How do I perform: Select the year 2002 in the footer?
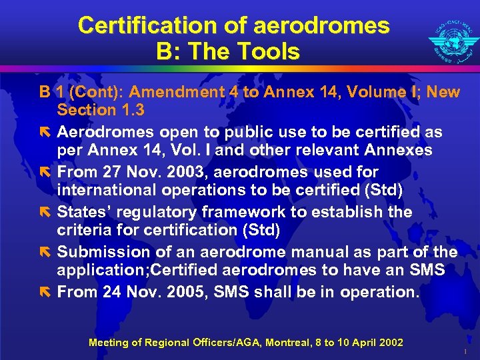pos(390,343)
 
